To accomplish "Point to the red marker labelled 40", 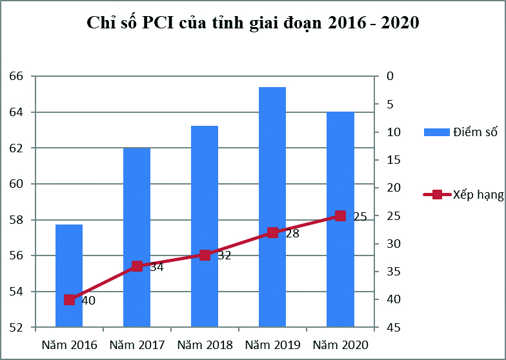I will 69,299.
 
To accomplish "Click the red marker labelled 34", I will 137,266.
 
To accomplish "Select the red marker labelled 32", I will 205,255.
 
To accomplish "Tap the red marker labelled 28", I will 272,232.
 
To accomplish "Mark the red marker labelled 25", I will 340,215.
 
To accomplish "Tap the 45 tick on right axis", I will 393,328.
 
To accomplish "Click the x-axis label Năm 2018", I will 205,345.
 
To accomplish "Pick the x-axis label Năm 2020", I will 340,345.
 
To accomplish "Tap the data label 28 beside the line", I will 292,234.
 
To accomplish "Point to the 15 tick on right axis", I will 393,160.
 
